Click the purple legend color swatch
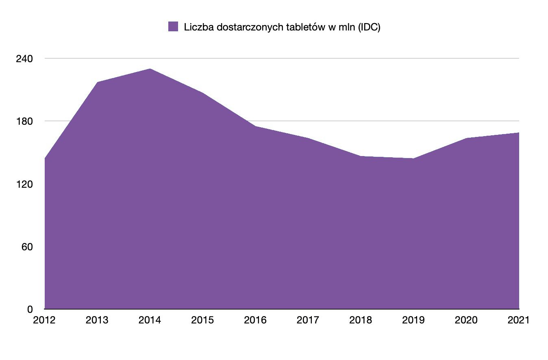(x=173, y=27)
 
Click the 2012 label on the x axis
(x=44, y=320)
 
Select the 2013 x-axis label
(x=97, y=320)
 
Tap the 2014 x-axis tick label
(x=150, y=320)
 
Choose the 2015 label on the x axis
(x=202, y=320)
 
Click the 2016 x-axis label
(x=255, y=320)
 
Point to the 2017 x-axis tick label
(x=308, y=320)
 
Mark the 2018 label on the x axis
(x=361, y=320)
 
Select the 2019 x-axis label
(x=413, y=320)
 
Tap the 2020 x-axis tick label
(x=466, y=320)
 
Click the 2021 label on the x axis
(x=518, y=320)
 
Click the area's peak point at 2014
(x=150, y=69)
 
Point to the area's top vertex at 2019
(x=413, y=158)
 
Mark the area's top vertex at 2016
(x=255, y=126)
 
